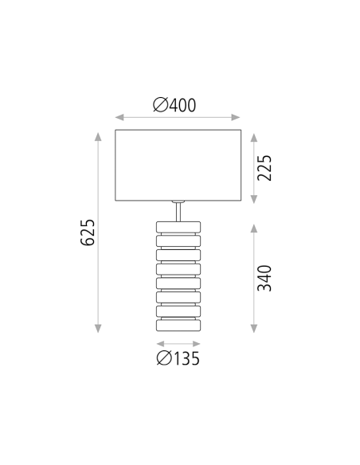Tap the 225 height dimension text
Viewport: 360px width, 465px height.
pos(265,168)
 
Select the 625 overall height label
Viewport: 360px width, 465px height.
pos(88,232)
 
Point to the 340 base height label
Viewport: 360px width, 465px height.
pos(265,278)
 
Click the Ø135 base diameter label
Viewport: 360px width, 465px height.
pos(178,359)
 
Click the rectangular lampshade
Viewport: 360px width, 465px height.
pos(178,165)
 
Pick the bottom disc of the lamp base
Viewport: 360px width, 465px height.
pos(178,326)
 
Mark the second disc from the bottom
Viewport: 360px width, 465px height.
pos(178,311)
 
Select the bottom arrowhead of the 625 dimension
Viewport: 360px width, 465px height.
pos(99,328)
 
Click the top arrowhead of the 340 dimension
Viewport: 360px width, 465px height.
pos(254,228)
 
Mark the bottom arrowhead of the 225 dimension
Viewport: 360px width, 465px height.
pos(254,198)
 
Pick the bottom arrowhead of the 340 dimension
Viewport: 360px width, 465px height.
pos(254,328)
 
